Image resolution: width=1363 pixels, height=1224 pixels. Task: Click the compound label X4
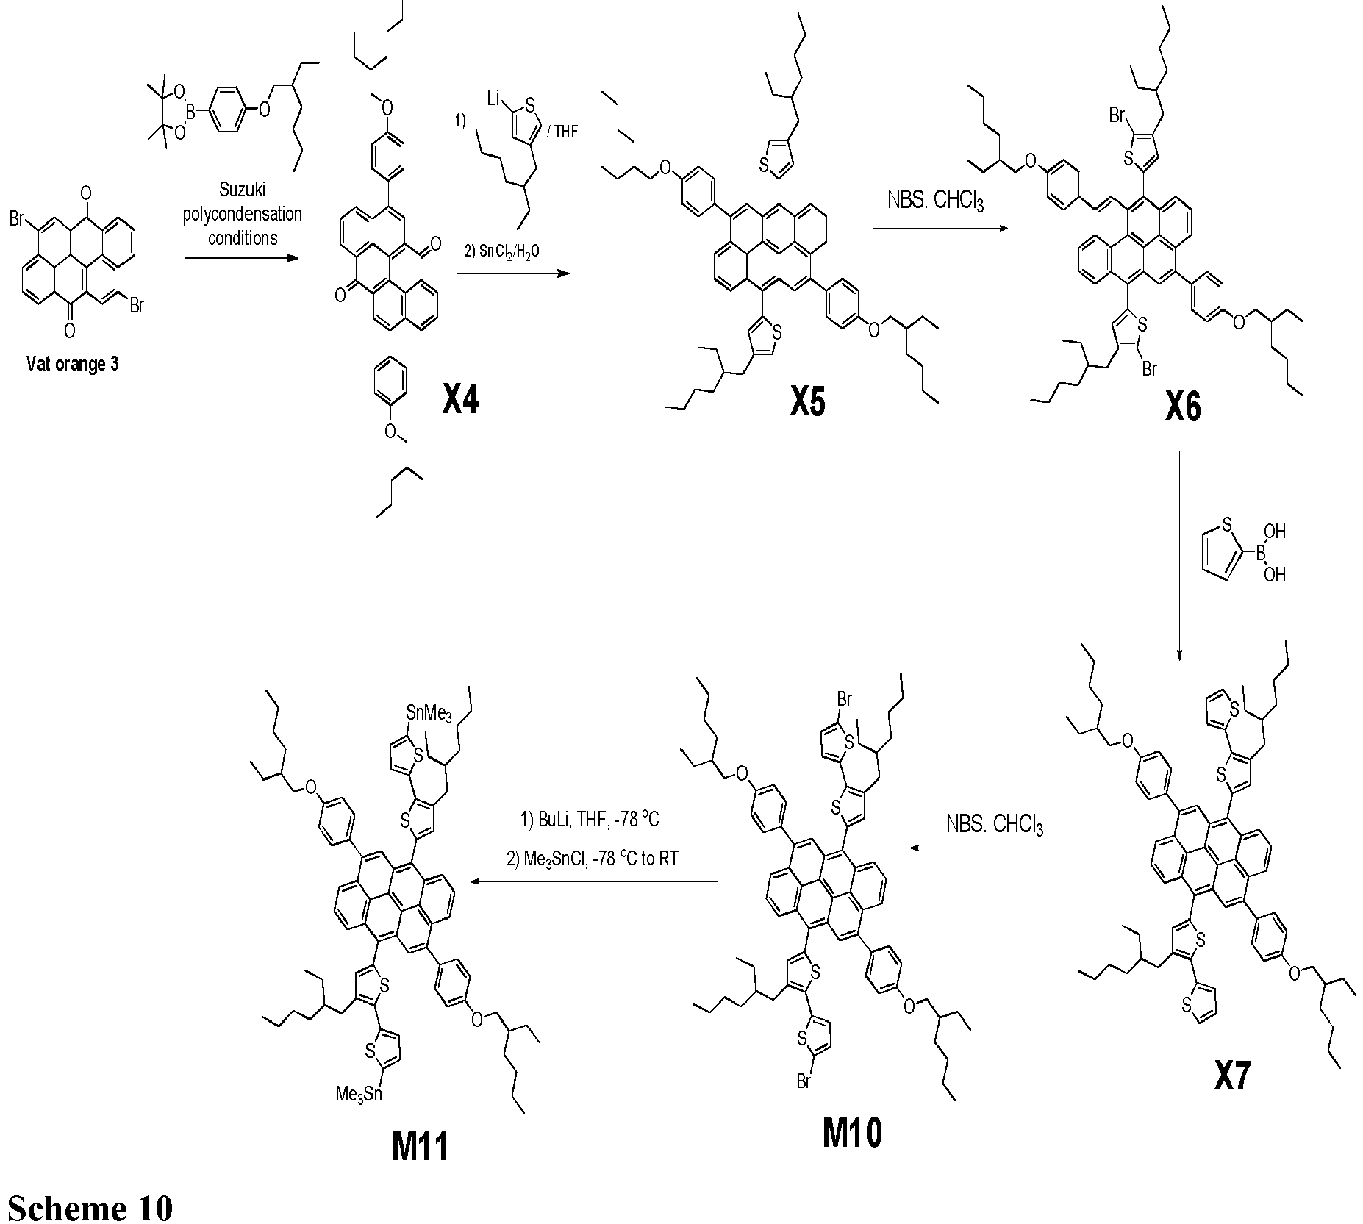click(461, 400)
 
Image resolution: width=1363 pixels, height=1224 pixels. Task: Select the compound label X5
click(808, 401)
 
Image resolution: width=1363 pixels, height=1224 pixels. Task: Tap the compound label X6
click(1183, 407)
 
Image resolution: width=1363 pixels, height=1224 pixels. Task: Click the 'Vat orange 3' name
click(72, 364)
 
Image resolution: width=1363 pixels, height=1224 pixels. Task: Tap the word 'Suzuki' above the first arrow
click(242, 191)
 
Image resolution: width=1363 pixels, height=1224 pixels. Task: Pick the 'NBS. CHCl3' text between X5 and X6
click(935, 200)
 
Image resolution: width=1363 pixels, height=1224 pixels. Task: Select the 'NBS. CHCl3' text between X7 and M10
click(995, 824)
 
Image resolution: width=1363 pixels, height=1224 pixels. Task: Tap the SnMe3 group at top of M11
click(429, 712)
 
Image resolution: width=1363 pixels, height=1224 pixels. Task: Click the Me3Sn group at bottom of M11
click(359, 1095)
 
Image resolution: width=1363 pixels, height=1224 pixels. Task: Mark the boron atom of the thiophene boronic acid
click(1259, 551)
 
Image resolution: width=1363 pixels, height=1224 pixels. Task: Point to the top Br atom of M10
click(843, 698)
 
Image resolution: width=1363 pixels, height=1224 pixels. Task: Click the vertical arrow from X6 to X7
click(1179, 556)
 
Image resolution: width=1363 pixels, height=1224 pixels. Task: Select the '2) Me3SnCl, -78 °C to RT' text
click(593, 859)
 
